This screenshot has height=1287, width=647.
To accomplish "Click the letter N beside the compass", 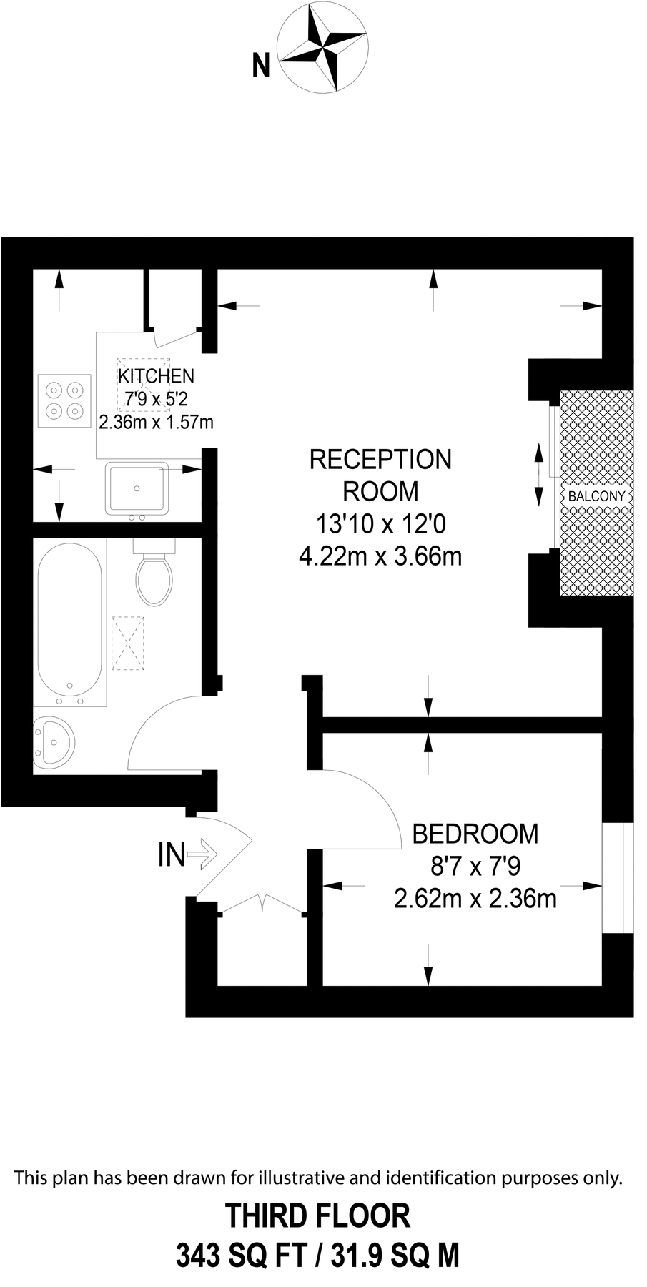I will point(262,66).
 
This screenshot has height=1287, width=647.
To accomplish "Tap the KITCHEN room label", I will point(156,375).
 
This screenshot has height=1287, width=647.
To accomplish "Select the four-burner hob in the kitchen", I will point(64,400).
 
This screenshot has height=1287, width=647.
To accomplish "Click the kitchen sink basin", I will point(137,488).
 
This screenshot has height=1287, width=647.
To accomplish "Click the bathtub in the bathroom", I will point(69,622).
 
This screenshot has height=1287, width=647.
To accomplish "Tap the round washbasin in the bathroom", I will point(53,744).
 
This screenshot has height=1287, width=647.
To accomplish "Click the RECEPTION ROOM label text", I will point(380,475).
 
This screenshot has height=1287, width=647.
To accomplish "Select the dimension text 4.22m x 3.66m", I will point(380,556).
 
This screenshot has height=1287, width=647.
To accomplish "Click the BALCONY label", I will point(596,496).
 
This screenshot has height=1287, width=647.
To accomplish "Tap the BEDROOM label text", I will point(475,834).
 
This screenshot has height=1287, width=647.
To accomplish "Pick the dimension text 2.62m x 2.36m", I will point(475,898).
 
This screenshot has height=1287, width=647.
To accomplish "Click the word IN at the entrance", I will point(171,854).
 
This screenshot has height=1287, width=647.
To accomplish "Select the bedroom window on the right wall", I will point(618,877).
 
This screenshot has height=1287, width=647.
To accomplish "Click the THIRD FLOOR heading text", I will point(318,1215).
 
